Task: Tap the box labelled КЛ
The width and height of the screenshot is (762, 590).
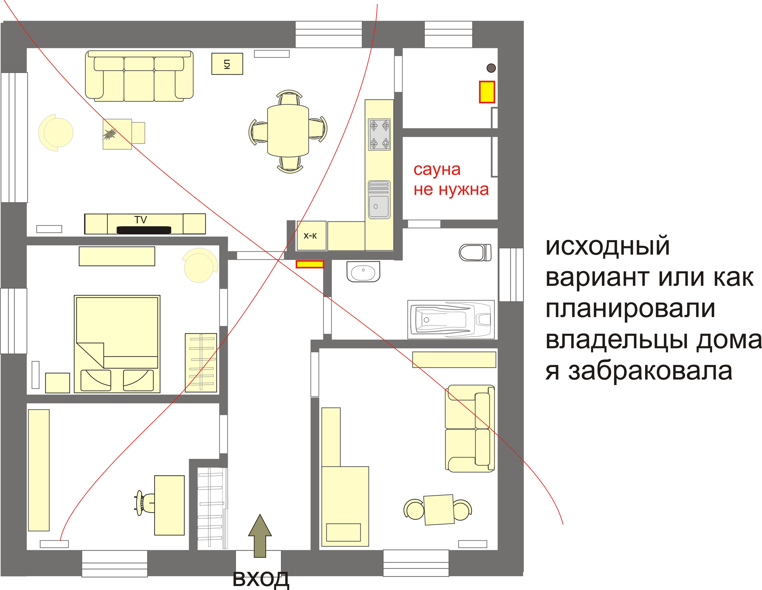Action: [x=227, y=64]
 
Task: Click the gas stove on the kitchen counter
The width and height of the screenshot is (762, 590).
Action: [x=379, y=134]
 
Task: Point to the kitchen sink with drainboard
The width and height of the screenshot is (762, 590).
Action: [x=379, y=200]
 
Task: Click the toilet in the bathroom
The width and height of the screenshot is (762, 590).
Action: [x=474, y=252]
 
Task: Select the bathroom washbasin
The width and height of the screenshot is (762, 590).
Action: [x=363, y=272]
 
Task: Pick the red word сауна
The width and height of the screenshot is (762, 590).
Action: [x=437, y=170]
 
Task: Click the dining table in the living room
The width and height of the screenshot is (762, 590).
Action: [x=288, y=131]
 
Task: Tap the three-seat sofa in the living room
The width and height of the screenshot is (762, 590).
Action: [x=139, y=76]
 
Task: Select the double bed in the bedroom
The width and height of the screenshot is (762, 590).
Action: [x=117, y=344]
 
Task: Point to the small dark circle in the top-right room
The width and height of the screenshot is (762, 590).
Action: [x=491, y=68]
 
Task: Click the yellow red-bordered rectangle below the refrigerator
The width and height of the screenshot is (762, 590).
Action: [x=310, y=264]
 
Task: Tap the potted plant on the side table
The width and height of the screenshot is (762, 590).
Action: [x=110, y=134]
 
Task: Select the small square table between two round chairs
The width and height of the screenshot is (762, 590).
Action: [x=438, y=510]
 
